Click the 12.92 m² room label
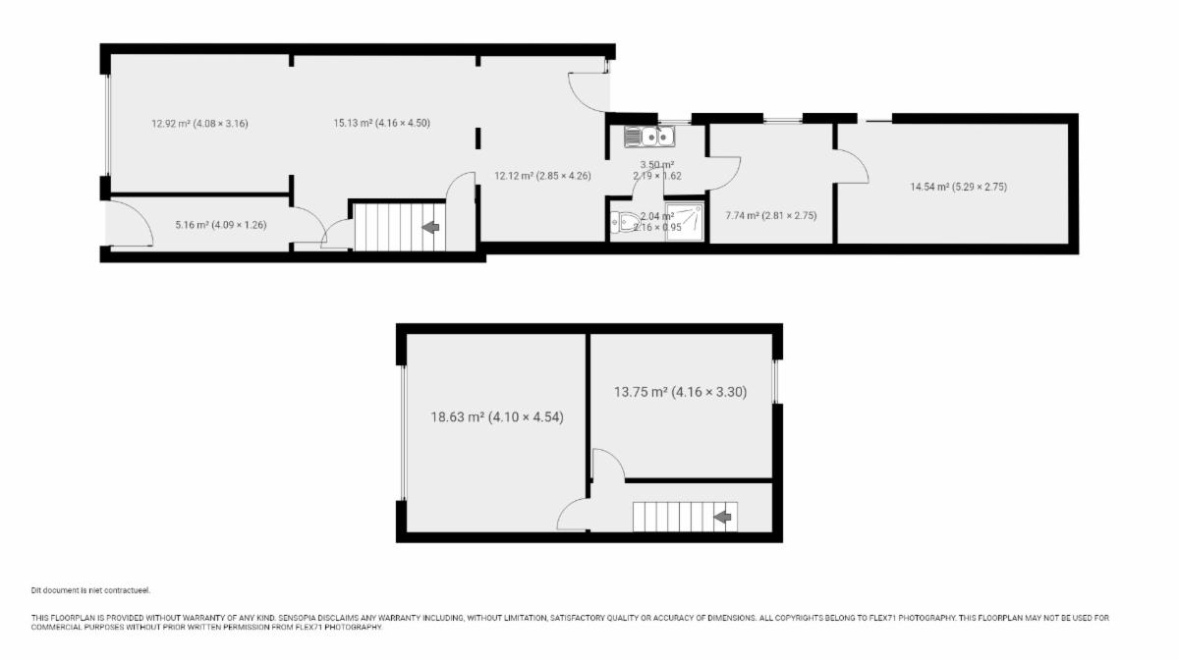[x=200, y=124]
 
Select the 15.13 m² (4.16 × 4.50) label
[x=381, y=123]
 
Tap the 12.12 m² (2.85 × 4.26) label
[x=542, y=176]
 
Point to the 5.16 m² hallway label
[x=221, y=225]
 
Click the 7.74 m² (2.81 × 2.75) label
[x=771, y=216]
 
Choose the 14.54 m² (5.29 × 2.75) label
[x=959, y=187]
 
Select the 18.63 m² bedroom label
[x=497, y=417]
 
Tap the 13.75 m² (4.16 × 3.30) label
[x=681, y=392]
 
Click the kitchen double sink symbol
[x=649, y=137]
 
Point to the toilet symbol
[x=625, y=223]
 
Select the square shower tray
[x=684, y=223]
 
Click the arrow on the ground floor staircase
[x=431, y=227]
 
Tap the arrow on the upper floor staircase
[x=723, y=518]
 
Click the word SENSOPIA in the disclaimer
[x=298, y=618]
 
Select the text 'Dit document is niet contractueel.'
[x=90, y=590]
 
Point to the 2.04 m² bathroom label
[x=657, y=222]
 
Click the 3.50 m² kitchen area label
[x=657, y=170]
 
